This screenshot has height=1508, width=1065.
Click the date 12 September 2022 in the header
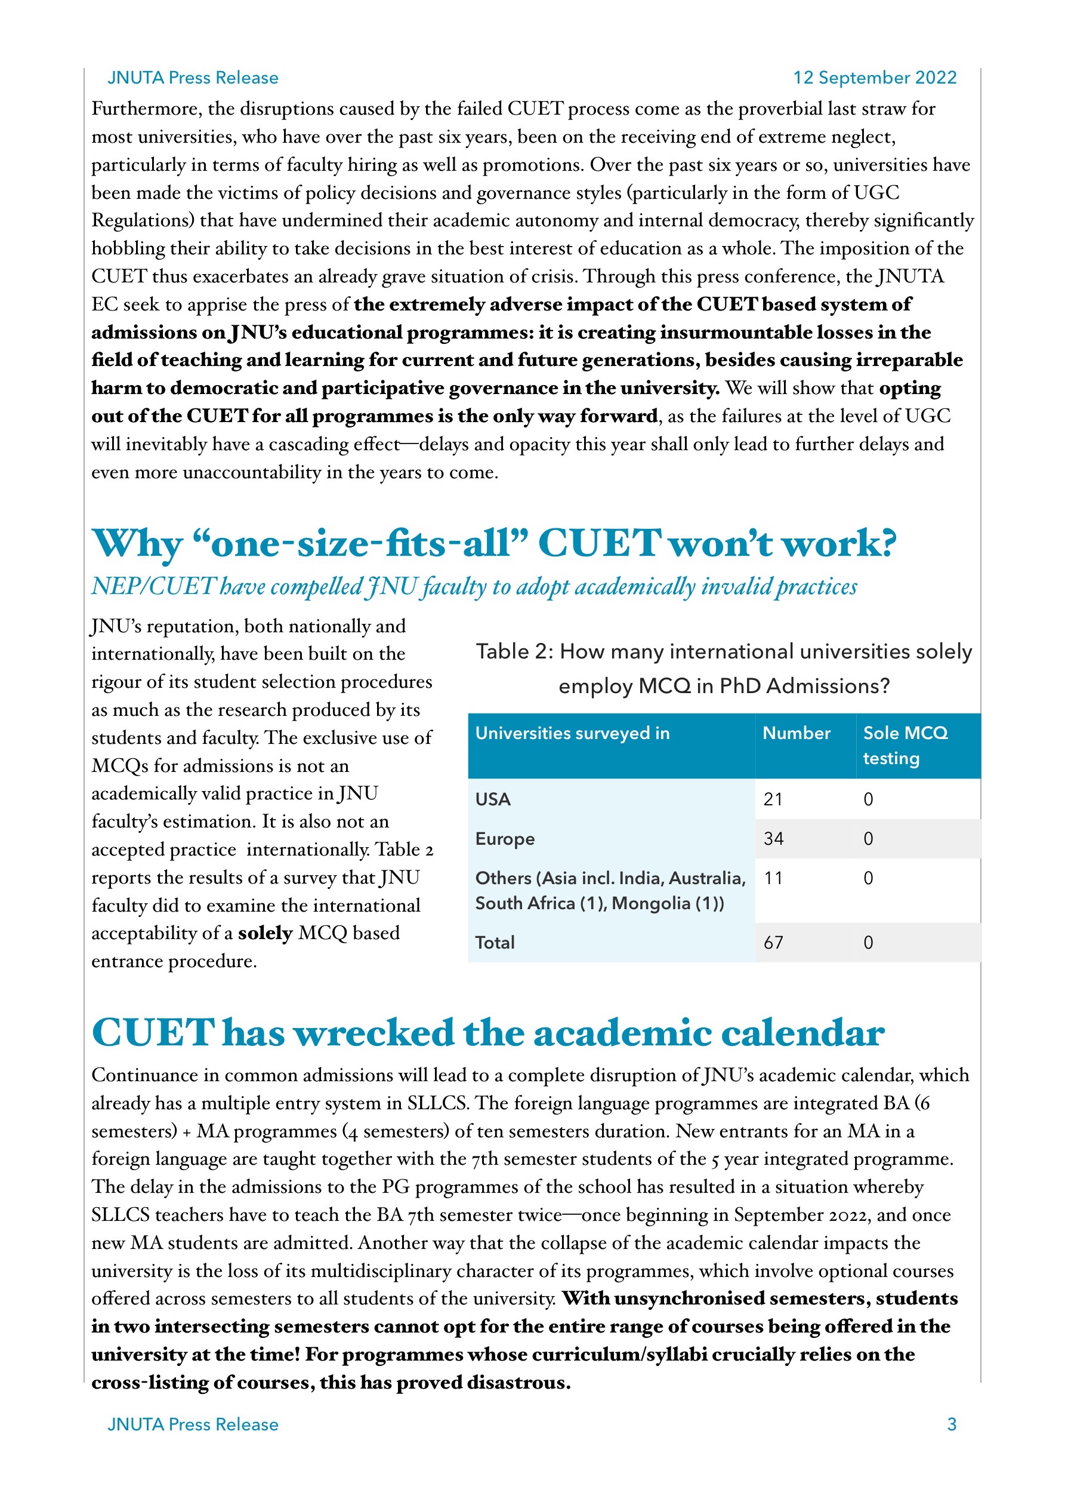pyautogui.click(x=874, y=78)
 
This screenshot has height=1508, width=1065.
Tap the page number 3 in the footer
pyautogui.click(x=951, y=1424)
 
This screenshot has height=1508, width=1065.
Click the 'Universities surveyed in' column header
pyautogui.click(x=572, y=733)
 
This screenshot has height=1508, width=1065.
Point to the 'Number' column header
pyautogui.click(x=796, y=733)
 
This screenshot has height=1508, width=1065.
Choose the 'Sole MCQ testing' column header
pyautogui.click(x=905, y=746)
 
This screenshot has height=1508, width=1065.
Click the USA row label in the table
pyautogui.click(x=492, y=799)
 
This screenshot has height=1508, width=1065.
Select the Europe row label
pyautogui.click(x=504, y=839)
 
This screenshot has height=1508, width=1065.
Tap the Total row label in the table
pyautogui.click(x=495, y=943)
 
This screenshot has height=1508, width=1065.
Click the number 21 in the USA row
pyautogui.click(x=773, y=799)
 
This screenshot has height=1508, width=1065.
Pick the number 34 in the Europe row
pyautogui.click(x=773, y=839)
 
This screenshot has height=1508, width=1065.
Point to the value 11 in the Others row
pyautogui.click(x=773, y=878)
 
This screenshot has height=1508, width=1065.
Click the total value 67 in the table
pyautogui.click(x=773, y=943)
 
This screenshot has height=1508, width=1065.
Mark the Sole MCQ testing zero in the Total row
pyautogui.click(x=868, y=943)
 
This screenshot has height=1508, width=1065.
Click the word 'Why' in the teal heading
pyautogui.click(x=137, y=544)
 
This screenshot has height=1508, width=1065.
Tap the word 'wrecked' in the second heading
pyautogui.click(x=373, y=1033)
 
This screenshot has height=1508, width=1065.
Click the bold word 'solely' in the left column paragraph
pyautogui.click(x=264, y=933)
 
